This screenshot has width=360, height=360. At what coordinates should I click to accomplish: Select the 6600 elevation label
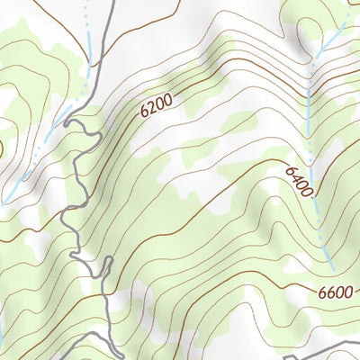(335, 292)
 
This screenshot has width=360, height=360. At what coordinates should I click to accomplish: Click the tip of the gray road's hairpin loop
(107, 260)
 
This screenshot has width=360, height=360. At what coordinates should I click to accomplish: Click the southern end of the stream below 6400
(332, 269)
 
